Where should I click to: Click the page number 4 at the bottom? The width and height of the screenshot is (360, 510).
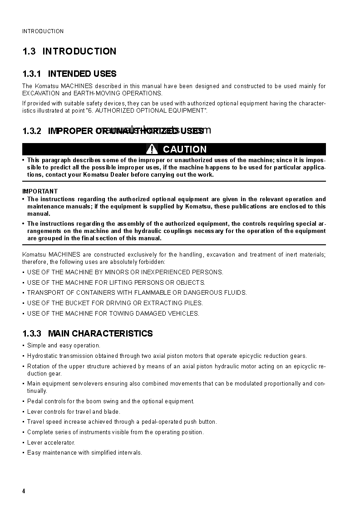click(x=24, y=491)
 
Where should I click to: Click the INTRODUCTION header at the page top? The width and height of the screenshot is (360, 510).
click(x=43, y=31)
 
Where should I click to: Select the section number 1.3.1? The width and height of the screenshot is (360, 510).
click(x=32, y=74)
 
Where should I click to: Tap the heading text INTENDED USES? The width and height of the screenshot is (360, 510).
click(x=82, y=74)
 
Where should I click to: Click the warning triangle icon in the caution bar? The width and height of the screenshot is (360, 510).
click(x=153, y=149)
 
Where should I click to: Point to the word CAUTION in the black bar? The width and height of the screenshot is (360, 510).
click(x=184, y=149)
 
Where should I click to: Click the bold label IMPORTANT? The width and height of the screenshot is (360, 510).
click(x=40, y=191)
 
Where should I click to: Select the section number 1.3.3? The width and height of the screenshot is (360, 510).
click(x=32, y=333)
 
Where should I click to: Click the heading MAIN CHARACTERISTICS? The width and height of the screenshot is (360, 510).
click(x=100, y=333)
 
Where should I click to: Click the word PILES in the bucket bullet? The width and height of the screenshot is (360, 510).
click(x=192, y=303)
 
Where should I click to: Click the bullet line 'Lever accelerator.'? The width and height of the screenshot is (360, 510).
click(x=51, y=442)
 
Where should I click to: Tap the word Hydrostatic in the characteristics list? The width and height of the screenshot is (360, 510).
click(x=42, y=356)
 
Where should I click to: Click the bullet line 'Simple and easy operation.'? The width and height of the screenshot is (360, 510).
click(x=64, y=345)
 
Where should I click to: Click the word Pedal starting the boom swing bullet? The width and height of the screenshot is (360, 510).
click(x=35, y=401)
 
